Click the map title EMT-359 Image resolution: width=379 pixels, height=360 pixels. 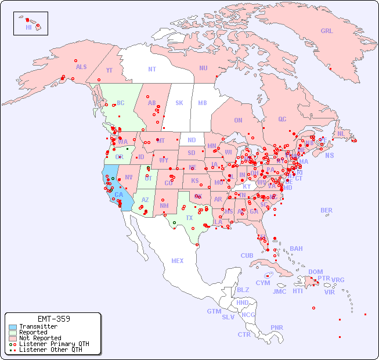coord(53,319)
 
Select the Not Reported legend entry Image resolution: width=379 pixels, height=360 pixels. coord(39,338)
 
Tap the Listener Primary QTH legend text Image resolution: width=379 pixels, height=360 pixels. coord(53,344)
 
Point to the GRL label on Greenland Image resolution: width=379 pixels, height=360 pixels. coord(327,31)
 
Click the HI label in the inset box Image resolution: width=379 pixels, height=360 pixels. coord(28,27)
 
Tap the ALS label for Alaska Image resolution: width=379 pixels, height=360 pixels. coord(81,67)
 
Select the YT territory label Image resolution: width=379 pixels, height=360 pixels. coord(109,70)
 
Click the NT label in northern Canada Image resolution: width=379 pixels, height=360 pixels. coord(152,69)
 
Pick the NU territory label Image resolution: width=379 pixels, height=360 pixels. coord(203,68)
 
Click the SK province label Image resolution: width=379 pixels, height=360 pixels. coord(179,103)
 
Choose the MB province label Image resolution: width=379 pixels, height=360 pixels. coord(203,103)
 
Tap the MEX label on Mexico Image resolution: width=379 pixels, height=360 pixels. coord(178,261)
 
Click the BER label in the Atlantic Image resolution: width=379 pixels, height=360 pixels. coord(327,210)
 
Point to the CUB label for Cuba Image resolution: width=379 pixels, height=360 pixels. coord(247,255)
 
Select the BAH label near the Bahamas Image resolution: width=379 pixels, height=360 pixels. coord(296,249)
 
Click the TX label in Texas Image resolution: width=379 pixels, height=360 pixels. coord(189,218)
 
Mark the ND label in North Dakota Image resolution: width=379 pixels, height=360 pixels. coord(192,140)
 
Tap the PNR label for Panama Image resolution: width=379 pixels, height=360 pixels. coord(277,327)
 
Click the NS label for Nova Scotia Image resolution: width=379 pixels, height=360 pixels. coord(330,155)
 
